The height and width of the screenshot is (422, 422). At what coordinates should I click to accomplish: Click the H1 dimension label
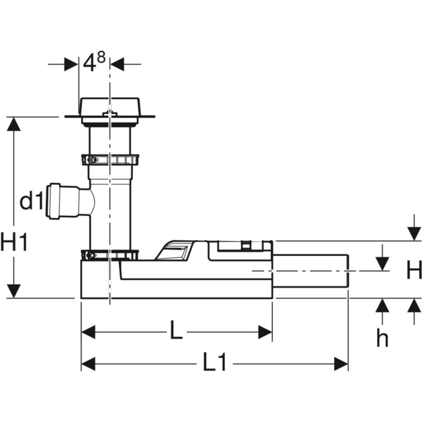[14, 242]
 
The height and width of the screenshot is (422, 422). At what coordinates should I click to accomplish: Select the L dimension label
[177, 329]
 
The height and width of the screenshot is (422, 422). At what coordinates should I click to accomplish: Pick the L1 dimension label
[215, 362]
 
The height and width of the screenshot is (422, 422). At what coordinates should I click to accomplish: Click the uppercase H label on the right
[414, 270]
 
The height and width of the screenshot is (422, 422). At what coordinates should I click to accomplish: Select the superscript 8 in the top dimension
[101, 58]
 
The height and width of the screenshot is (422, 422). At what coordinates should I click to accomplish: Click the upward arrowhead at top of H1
[14, 124]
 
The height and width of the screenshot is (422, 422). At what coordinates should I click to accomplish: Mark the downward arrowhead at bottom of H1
[14, 291]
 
